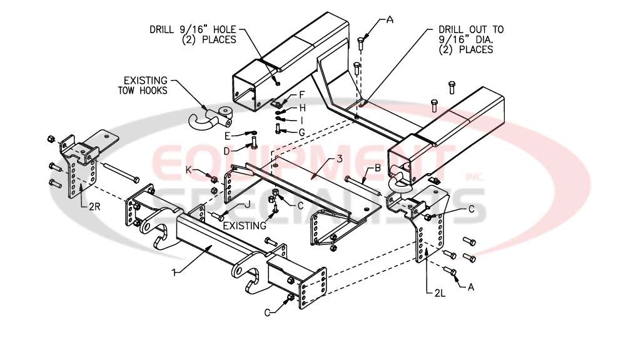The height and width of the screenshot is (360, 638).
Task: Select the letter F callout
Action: coord(301,95)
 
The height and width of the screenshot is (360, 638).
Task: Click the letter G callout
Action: coord(301,132)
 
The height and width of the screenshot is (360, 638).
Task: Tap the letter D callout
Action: coord(228,151)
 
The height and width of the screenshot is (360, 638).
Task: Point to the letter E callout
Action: coord(228,135)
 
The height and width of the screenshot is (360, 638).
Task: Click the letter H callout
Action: coord(301,107)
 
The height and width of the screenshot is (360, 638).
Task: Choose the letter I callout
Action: coord(301,119)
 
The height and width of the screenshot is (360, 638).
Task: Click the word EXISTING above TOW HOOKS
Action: coord(145,81)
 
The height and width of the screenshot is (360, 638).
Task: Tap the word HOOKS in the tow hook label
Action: coord(155,91)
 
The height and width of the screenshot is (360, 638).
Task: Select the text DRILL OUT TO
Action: coord(471,29)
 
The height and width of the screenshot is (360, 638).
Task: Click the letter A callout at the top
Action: coord(390,19)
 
